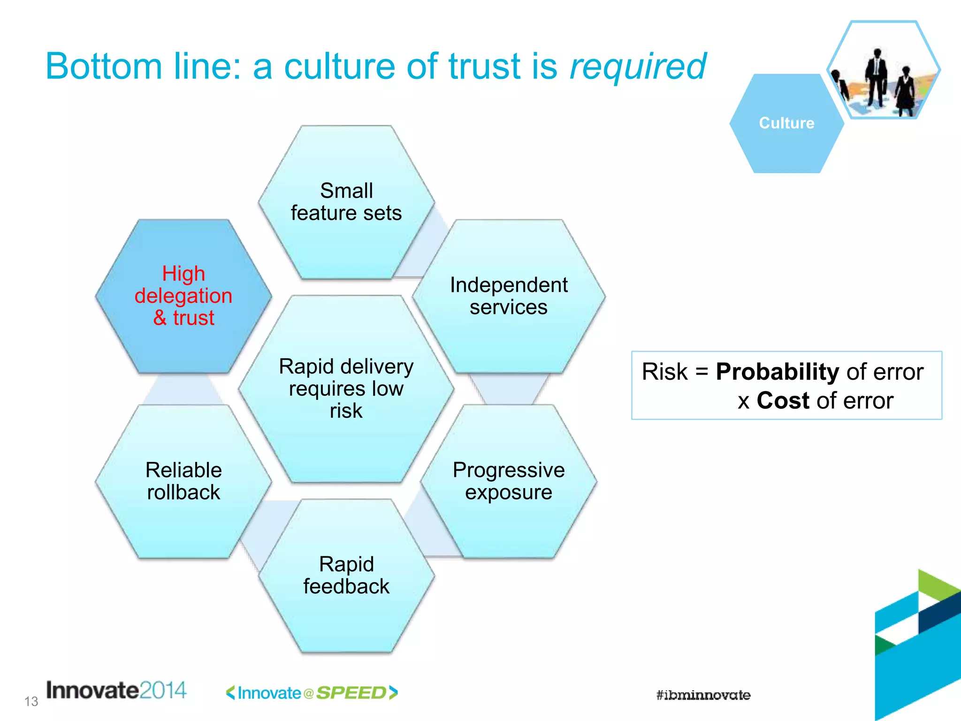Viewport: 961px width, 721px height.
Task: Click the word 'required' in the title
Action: point(637,67)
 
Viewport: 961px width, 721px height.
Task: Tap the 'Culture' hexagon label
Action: point(786,123)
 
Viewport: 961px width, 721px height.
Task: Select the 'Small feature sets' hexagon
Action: point(346,202)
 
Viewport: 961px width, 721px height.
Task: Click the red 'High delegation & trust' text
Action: point(183,296)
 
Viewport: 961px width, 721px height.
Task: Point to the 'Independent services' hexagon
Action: point(509,296)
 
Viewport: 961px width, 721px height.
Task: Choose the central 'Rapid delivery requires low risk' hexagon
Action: point(346,389)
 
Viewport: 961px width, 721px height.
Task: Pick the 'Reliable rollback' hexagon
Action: point(183,481)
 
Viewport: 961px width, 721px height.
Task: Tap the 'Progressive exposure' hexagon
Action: point(509,481)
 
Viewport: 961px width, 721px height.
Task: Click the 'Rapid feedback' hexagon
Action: point(346,575)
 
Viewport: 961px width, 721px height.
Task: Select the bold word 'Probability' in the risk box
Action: point(777,372)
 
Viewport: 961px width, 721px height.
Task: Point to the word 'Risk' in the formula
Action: point(664,372)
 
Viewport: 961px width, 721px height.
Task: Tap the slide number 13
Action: point(31,701)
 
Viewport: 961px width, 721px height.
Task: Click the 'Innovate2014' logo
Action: point(116,690)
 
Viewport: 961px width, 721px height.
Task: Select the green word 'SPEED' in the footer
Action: point(351,693)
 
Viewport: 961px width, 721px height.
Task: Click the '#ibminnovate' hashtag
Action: point(703,695)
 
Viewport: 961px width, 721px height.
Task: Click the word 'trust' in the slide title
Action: point(484,66)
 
